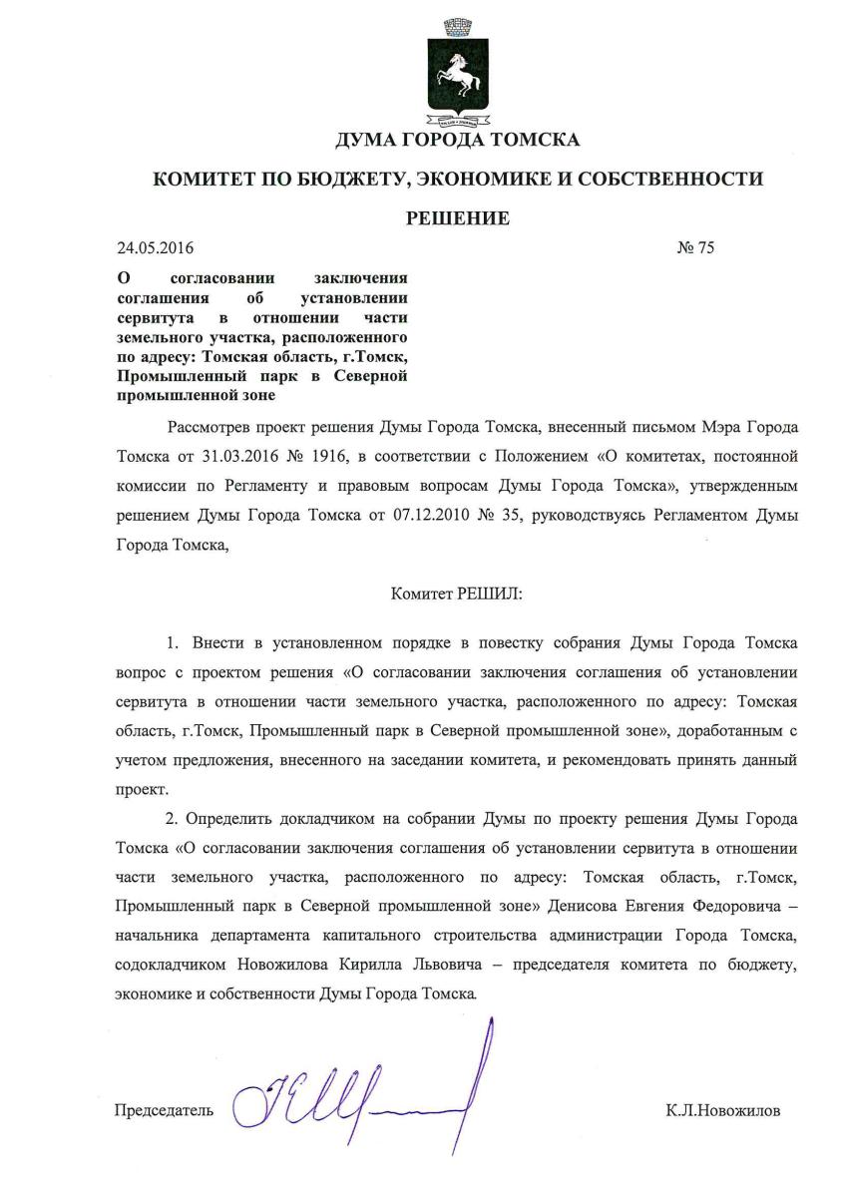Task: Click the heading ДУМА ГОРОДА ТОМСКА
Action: [458, 141]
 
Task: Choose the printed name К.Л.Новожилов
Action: [723, 1110]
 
